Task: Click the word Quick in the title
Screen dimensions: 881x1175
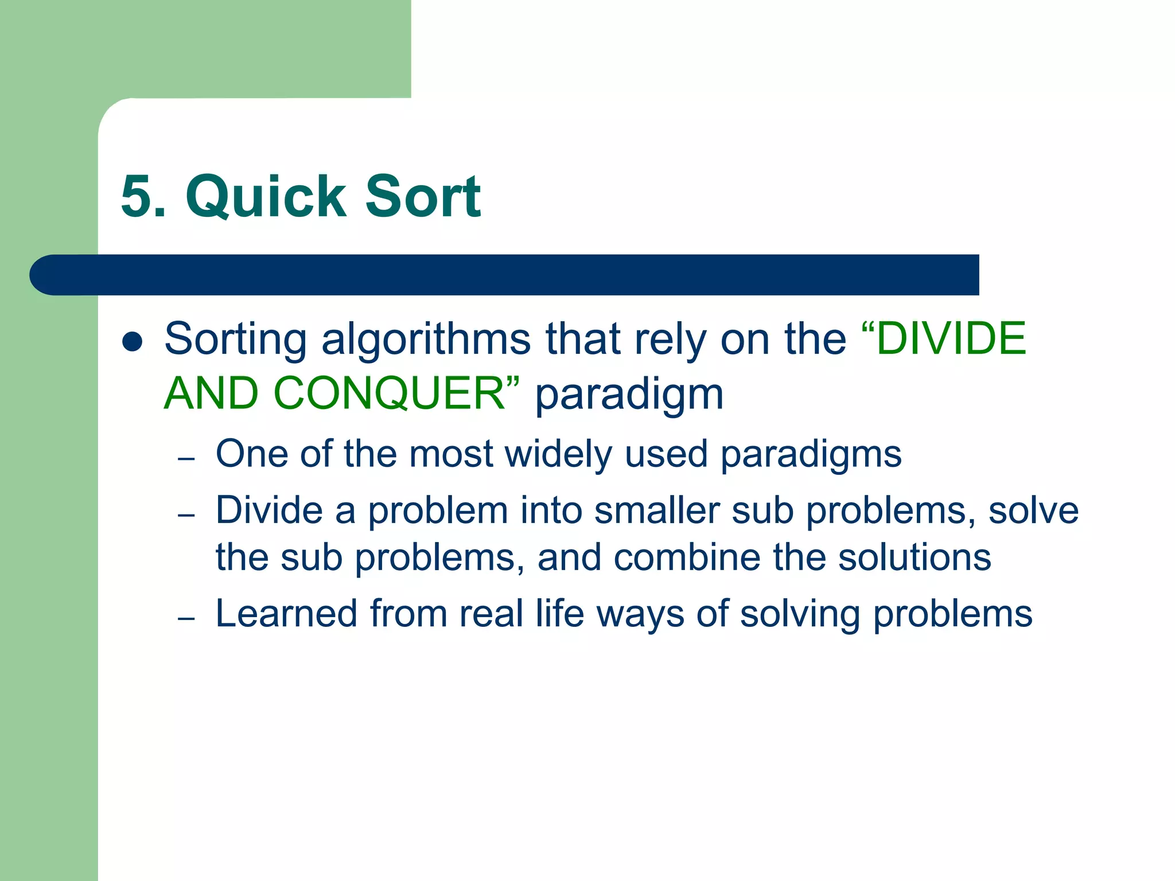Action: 266,198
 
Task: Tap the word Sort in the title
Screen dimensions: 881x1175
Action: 423,197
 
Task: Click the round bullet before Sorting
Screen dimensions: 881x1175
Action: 133,342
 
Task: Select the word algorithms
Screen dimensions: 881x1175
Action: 426,339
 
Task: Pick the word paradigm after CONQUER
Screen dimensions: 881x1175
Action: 629,396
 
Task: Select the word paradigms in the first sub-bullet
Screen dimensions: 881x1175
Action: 811,455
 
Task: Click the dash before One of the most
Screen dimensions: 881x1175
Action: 186,459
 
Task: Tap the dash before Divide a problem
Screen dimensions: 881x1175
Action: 186,515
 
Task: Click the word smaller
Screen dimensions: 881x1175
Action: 656,510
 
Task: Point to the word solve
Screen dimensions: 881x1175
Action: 1033,510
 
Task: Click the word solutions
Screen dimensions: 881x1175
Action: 915,557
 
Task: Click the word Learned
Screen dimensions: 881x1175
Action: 286,613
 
